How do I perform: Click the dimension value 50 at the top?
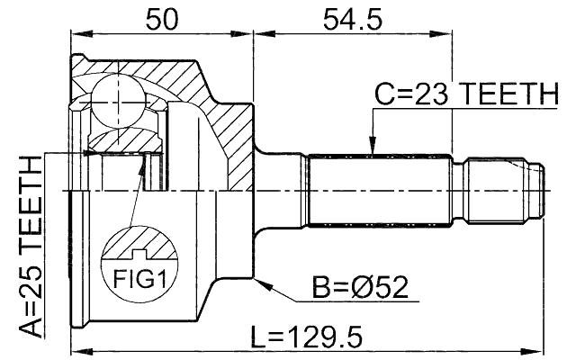pos(162,17)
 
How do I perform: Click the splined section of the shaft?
pos(378,191)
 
